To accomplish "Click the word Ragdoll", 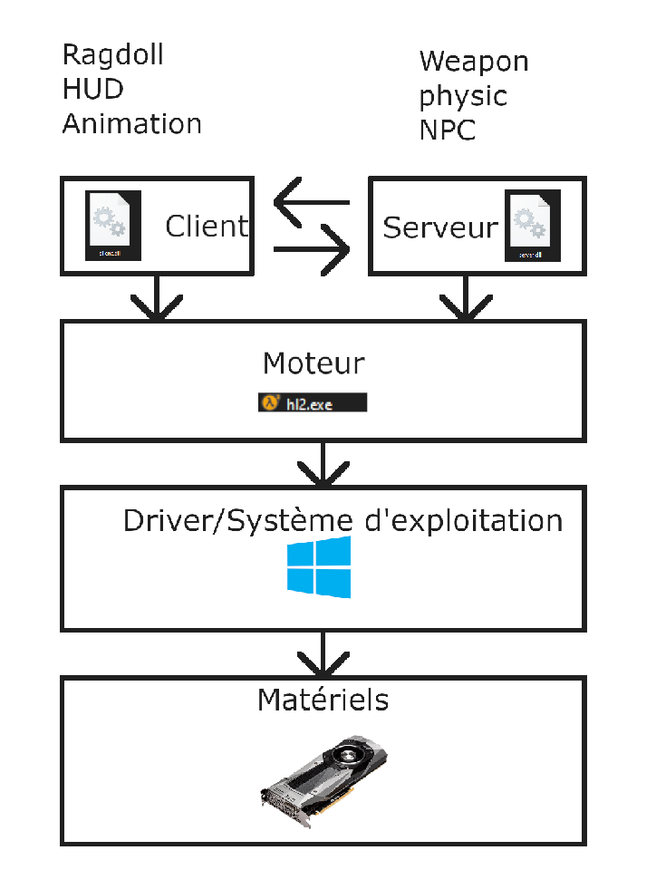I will (x=113, y=56).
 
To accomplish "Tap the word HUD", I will (x=92, y=90).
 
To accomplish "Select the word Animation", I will (x=131, y=124).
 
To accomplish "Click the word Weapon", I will (x=474, y=62).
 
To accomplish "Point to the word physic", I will (x=463, y=96).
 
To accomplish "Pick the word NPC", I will (x=448, y=130).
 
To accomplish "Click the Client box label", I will (x=207, y=226).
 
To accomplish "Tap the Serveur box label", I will (x=440, y=227).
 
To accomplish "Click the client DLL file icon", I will (x=113, y=226).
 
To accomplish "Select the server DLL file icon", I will (x=532, y=227).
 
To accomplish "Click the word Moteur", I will (x=314, y=364).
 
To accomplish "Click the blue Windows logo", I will (x=318, y=567).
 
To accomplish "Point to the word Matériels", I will (x=323, y=700).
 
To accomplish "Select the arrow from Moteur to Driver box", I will (x=323, y=463).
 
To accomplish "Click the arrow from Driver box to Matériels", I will (x=323, y=652).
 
